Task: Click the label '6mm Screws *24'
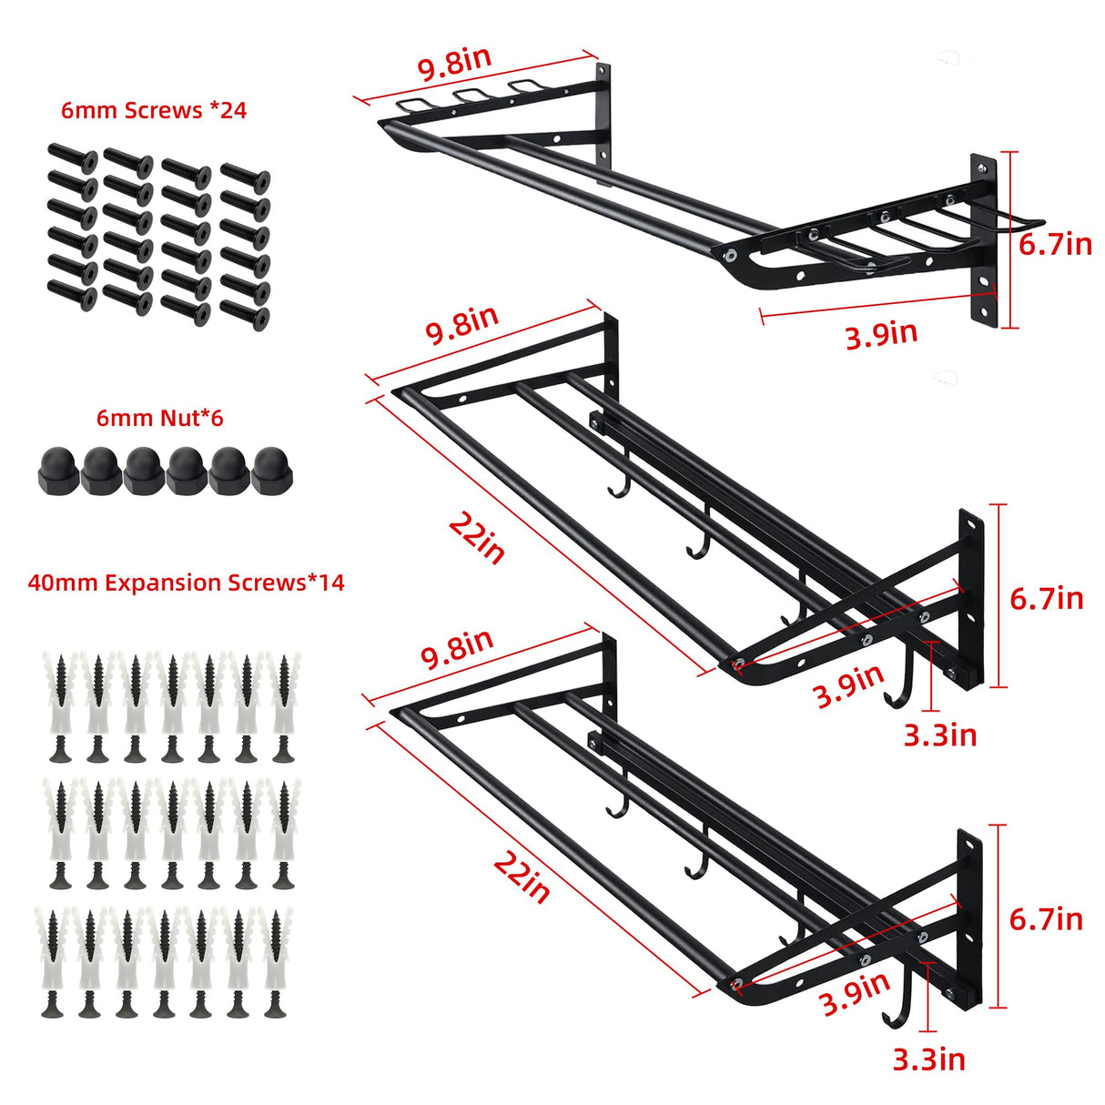click(x=153, y=110)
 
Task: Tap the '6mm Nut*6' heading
click(x=159, y=418)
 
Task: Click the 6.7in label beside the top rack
click(x=1054, y=244)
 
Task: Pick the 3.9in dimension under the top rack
click(x=880, y=334)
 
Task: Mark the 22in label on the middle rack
click(x=477, y=538)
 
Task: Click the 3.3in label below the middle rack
click(x=939, y=735)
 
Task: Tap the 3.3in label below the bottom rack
click(x=928, y=1059)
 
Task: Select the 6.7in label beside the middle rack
click(x=1046, y=598)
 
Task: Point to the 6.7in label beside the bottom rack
click(x=1046, y=918)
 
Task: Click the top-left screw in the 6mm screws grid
click(x=72, y=159)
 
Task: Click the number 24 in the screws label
click(x=233, y=110)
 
